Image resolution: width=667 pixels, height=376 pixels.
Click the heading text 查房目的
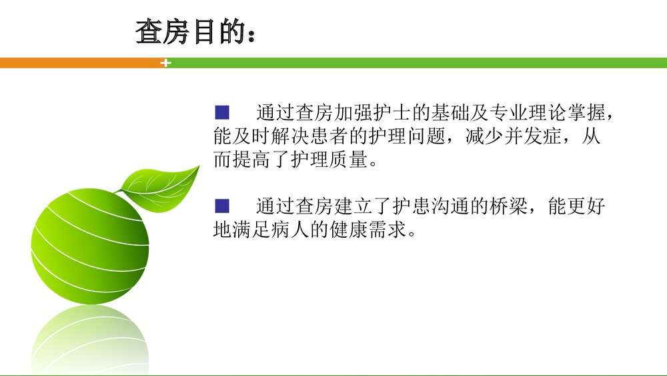[187, 31]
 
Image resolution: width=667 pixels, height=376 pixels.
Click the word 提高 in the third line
[252, 161]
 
